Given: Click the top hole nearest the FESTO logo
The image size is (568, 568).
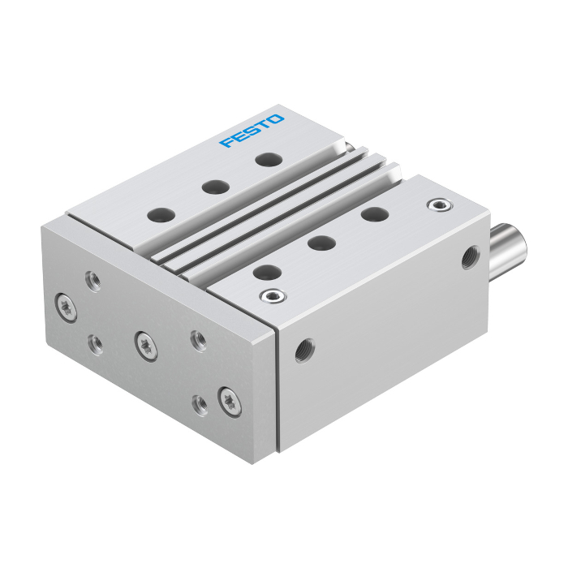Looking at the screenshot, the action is click(269, 159).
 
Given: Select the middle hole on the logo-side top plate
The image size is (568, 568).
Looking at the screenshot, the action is click(216, 187).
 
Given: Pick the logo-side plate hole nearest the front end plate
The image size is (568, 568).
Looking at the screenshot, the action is click(161, 215).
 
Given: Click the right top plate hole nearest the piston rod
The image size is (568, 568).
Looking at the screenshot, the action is click(375, 213).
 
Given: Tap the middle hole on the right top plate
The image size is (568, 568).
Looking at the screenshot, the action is click(321, 243).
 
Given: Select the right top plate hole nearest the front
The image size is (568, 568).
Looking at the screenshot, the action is click(267, 272).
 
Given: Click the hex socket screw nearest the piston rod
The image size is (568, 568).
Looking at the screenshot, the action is click(440, 204).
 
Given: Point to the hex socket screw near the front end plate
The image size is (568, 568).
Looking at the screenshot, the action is click(273, 296).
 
